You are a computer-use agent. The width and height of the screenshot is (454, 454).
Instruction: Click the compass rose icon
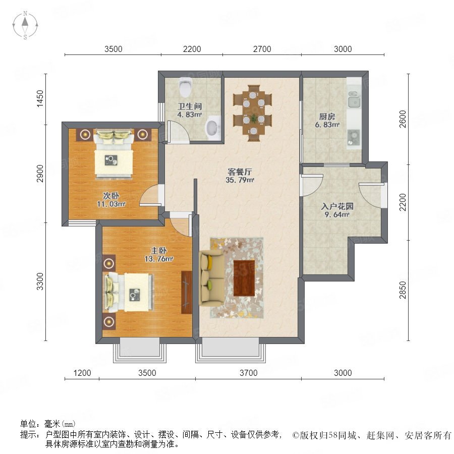(x=25, y=25)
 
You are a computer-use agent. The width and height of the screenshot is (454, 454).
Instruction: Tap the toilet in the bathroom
(x=186, y=86)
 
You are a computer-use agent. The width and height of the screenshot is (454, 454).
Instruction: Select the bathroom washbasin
(x=213, y=128)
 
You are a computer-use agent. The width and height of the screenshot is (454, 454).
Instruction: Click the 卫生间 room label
(x=190, y=106)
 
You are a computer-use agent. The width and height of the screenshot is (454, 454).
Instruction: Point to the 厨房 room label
(x=327, y=117)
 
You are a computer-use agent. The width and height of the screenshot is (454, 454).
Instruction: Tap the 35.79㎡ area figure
(x=240, y=180)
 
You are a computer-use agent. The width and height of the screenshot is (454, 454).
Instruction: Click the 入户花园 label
(x=337, y=206)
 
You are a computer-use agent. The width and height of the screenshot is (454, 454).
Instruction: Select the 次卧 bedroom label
(x=111, y=196)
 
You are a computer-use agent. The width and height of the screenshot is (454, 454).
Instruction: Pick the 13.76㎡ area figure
(x=159, y=259)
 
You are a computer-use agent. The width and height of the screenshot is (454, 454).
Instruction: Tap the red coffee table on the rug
(x=244, y=278)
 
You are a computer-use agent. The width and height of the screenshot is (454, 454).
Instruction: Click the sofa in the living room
(x=211, y=278)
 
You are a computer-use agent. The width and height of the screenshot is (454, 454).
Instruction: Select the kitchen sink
(x=354, y=100)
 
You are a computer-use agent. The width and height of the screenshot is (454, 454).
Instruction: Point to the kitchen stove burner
(x=353, y=138)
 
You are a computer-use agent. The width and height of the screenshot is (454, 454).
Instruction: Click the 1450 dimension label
(x=40, y=99)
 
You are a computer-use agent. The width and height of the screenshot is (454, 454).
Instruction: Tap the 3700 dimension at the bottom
(x=248, y=373)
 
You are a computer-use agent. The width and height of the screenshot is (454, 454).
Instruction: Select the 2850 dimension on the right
(x=403, y=290)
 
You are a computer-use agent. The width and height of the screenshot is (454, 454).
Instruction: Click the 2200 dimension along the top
(x=192, y=49)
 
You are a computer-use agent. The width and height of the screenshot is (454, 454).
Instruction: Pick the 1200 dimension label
(x=82, y=373)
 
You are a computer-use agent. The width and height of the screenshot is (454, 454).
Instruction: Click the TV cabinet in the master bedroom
(x=187, y=292)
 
